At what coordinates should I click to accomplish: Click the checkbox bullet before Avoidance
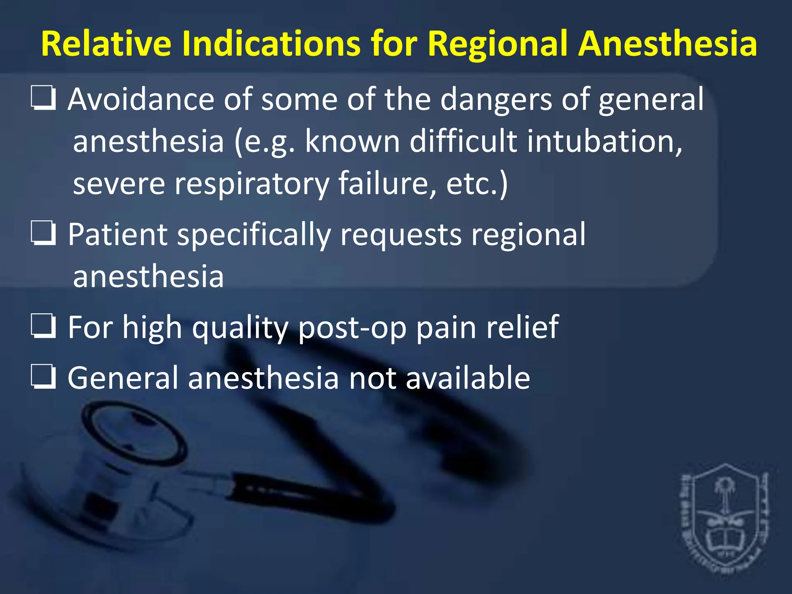43,98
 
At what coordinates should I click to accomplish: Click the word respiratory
251,184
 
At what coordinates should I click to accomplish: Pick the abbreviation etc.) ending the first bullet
477,184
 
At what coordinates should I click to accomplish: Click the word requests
401,235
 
